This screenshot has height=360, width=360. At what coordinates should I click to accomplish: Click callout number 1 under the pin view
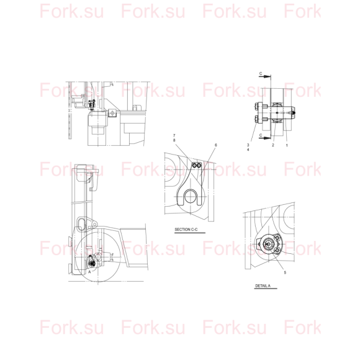287,145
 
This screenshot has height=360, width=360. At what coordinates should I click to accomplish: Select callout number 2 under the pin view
273,145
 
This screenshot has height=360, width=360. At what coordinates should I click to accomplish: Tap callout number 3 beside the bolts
248,145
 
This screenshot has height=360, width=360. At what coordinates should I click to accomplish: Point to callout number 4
248,150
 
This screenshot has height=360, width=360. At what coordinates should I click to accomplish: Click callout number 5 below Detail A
285,272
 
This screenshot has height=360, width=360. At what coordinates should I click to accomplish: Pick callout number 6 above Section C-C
215,145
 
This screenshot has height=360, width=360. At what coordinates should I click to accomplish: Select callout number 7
174,136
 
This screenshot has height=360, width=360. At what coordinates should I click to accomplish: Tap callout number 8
174,140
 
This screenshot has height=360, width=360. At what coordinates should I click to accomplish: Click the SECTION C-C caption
186,230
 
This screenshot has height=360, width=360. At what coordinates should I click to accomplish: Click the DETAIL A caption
263,286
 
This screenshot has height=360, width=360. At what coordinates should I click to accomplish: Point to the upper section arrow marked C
264,76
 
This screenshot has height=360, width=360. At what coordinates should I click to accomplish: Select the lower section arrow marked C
264,138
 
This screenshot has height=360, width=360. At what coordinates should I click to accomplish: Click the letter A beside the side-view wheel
89,272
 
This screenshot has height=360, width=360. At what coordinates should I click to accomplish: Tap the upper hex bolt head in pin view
256,106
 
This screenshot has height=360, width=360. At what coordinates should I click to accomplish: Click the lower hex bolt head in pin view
256,119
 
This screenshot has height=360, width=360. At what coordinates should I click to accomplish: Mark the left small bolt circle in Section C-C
194,165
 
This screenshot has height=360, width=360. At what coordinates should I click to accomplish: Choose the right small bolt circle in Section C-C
199,165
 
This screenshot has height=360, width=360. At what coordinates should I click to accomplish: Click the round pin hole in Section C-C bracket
191,197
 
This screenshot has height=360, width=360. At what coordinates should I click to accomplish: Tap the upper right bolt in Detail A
277,237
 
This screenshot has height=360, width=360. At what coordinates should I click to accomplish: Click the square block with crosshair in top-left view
112,113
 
